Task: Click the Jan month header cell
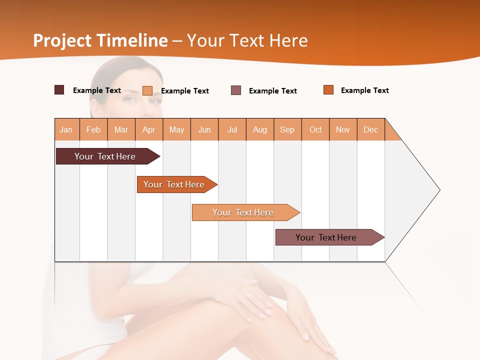pyautogui.click(x=66, y=129)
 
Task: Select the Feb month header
pyautogui.click(x=93, y=129)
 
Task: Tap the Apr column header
pyautogui.click(x=149, y=129)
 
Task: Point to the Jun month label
pyautogui.click(x=204, y=129)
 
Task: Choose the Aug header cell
pyautogui.click(x=260, y=129)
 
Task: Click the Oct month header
pyautogui.click(x=315, y=129)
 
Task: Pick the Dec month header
pyautogui.click(x=371, y=129)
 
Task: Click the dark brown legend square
pyautogui.click(x=59, y=90)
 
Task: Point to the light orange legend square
pyautogui.click(x=147, y=90)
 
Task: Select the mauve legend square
pyautogui.click(x=236, y=90)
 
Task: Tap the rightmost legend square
pyautogui.click(x=328, y=90)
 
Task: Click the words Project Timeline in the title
pyautogui.click(x=100, y=40)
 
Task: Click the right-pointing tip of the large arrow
pyautogui.click(x=437, y=190)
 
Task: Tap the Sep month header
pyautogui.click(x=287, y=129)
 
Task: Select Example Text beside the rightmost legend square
pyautogui.click(x=364, y=90)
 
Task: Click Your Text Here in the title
pyautogui.click(x=247, y=40)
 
